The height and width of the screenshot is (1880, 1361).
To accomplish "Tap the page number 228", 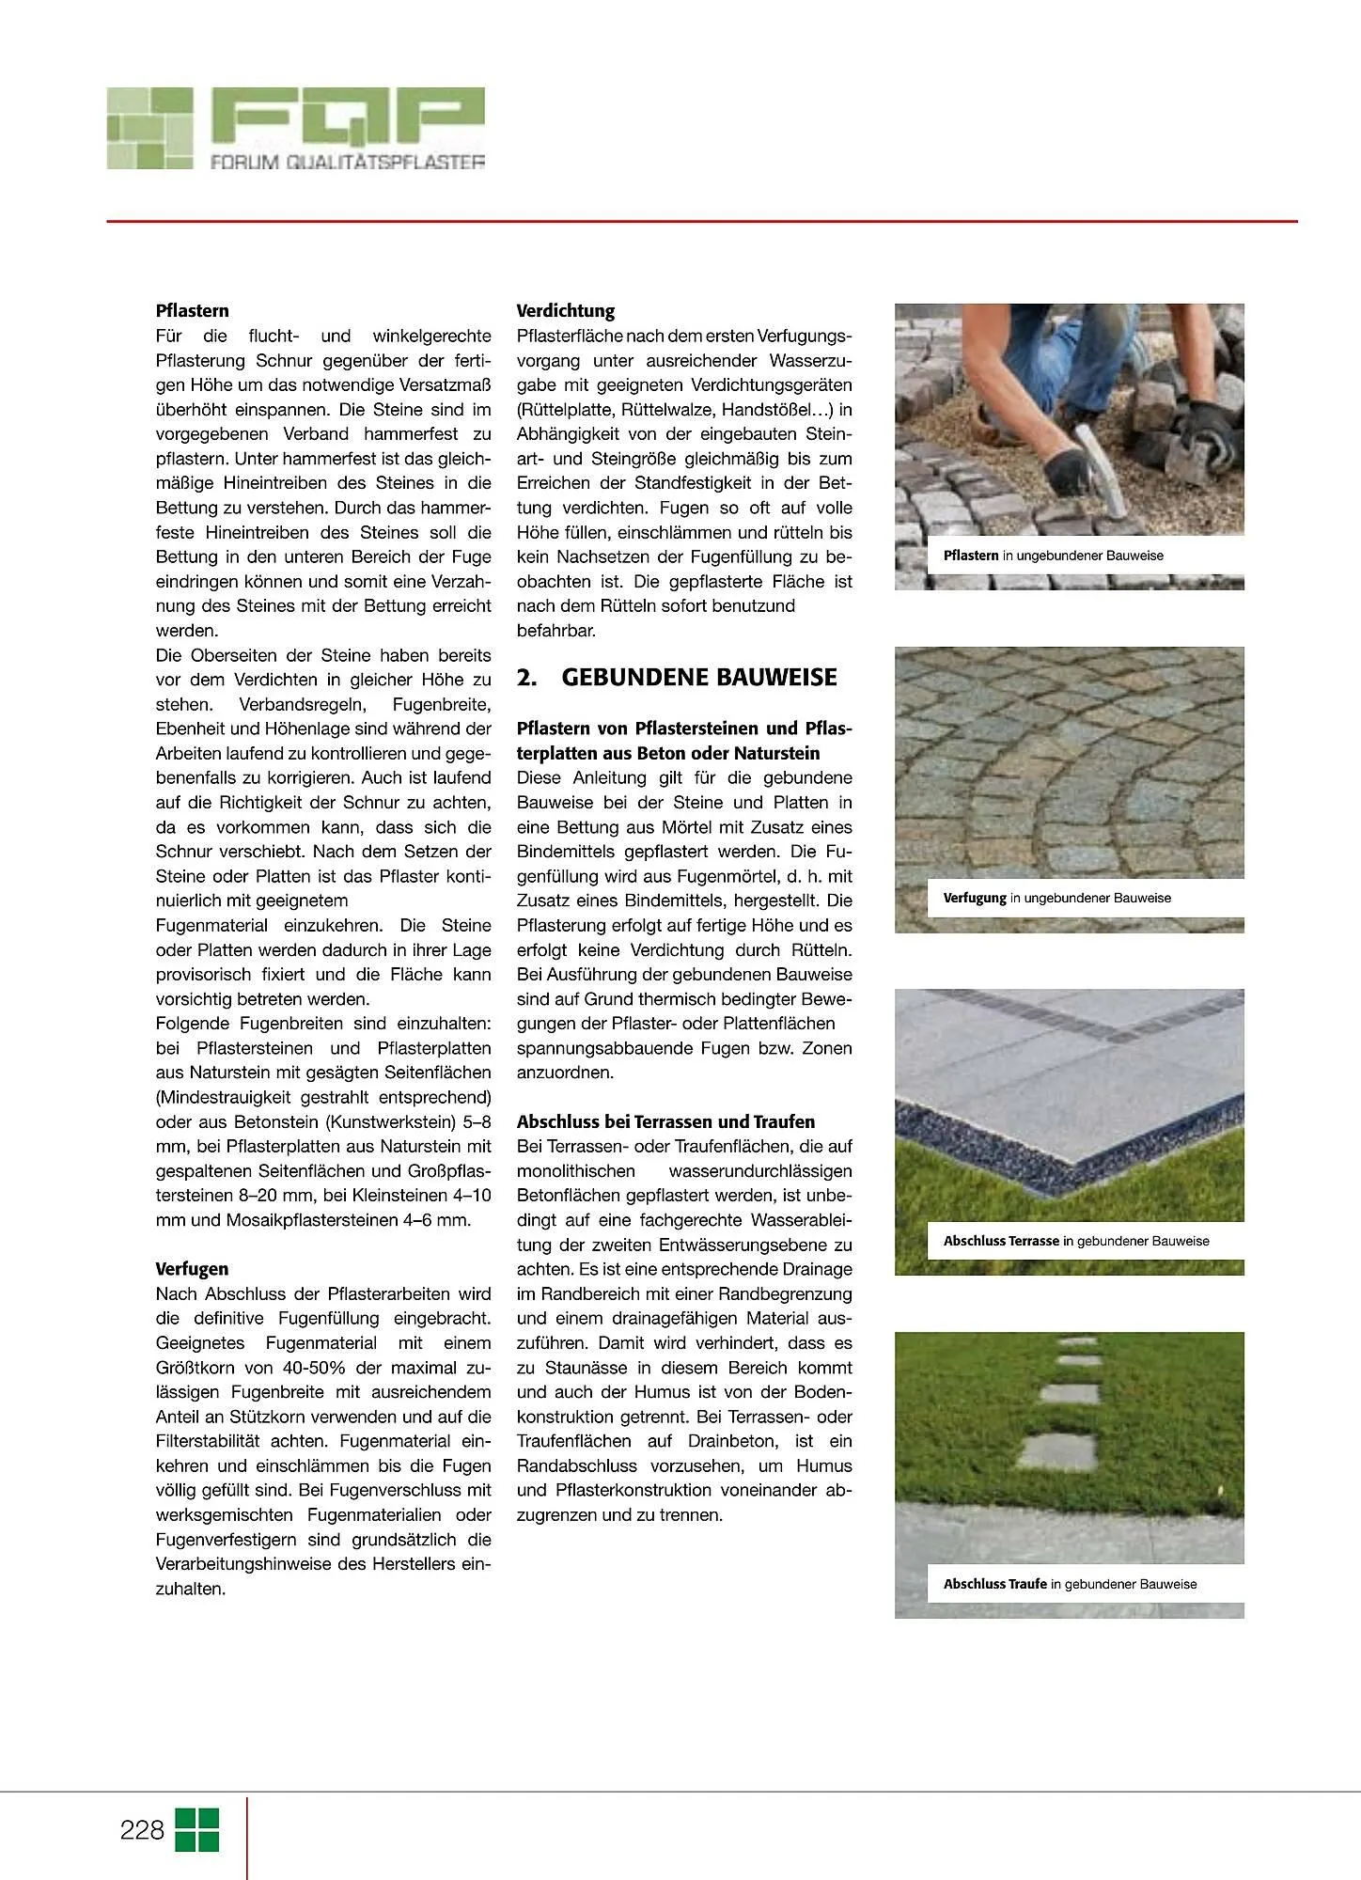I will point(142,1830).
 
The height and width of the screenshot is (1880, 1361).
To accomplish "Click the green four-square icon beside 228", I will point(197,1830).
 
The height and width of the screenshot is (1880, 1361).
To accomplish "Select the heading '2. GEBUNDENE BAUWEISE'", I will point(677,678).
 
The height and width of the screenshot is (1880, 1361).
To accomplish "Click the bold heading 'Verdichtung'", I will point(566,311).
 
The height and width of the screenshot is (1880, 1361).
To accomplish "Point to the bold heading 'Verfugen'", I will point(192,1269).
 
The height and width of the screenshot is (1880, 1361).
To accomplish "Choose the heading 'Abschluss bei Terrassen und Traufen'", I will point(665,1121).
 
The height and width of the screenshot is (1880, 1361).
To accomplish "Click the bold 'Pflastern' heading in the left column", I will point(192,311).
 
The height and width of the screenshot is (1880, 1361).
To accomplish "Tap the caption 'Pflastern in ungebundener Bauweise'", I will point(1053,556).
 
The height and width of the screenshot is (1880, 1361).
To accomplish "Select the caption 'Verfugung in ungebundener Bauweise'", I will point(1056,898).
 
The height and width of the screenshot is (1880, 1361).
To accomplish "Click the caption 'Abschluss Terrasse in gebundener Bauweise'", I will point(1075,1241).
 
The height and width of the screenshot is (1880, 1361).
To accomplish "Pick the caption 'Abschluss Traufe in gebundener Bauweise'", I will point(1070,1584).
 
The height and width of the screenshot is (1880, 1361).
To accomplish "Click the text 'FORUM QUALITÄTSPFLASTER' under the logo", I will point(347,162).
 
